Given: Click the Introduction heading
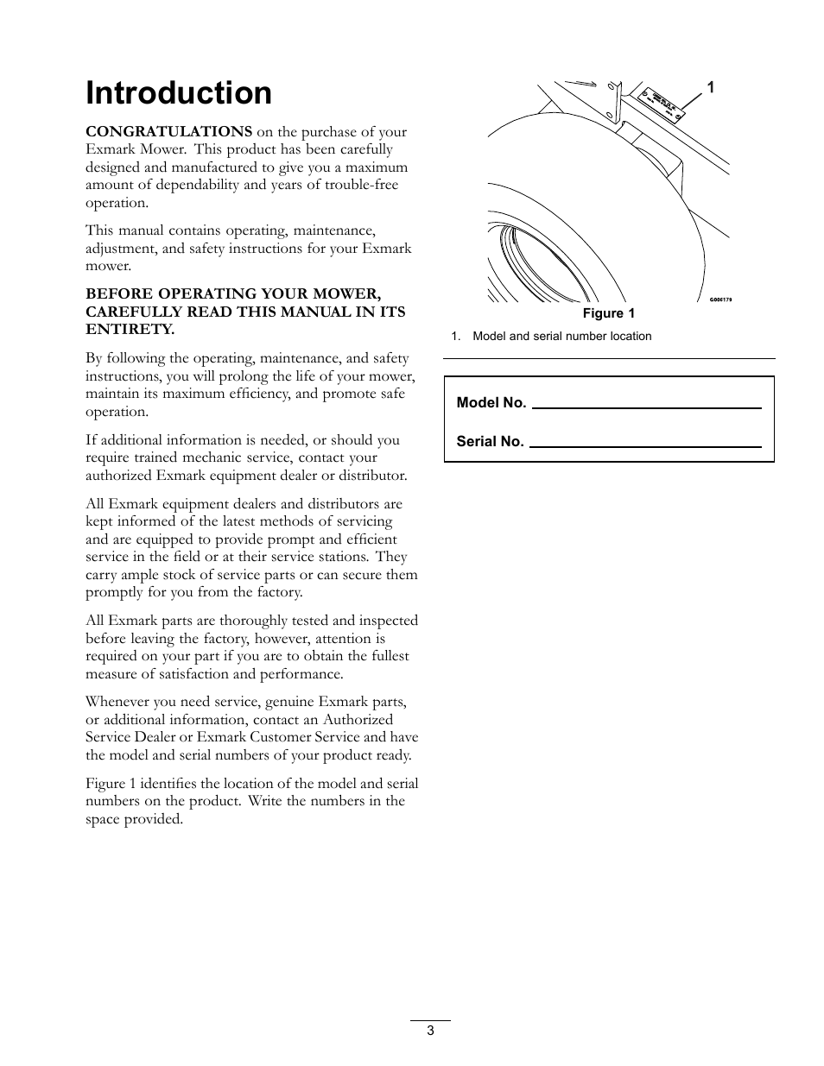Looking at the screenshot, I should click(179, 93).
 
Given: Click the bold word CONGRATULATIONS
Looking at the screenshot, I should click(168, 132).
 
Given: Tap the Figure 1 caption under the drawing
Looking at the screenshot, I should click(608, 313).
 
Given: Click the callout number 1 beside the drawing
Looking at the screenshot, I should click(710, 87).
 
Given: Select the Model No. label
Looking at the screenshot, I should click(491, 402).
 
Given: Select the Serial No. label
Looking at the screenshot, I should click(490, 441).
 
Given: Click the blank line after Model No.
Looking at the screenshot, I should click(646, 406).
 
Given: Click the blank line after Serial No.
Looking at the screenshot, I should click(644, 445).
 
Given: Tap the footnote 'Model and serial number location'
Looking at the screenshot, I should click(561, 337).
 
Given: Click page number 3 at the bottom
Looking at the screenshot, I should click(430, 1030).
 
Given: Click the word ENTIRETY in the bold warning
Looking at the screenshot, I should click(130, 330).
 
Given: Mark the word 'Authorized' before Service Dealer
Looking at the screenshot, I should click(358, 720).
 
